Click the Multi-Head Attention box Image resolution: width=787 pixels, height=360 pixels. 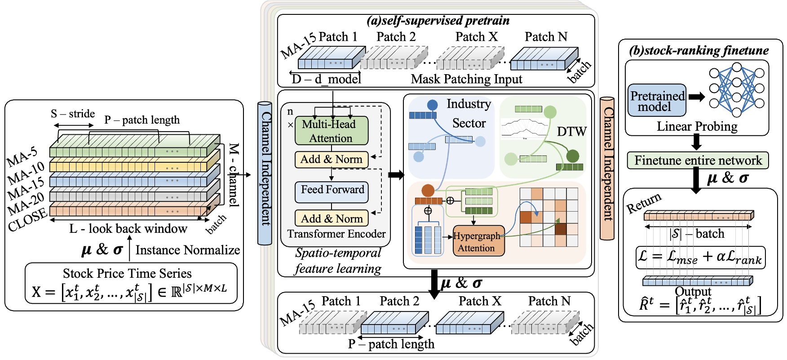(332, 131)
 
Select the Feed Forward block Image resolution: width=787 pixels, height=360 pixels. (332, 191)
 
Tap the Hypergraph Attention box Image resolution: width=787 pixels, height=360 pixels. (478, 241)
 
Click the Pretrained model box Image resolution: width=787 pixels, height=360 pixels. (657, 101)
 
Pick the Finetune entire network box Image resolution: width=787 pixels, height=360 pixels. (698, 160)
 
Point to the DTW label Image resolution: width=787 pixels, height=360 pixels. (571, 132)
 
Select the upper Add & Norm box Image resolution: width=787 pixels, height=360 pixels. (332, 160)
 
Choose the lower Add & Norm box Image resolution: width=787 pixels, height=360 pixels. (332, 218)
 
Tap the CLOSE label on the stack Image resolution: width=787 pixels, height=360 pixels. (27, 219)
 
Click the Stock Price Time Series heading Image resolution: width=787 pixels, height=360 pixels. (127, 273)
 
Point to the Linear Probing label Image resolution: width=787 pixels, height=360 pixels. (697, 126)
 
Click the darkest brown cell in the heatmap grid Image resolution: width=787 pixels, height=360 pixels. (560, 229)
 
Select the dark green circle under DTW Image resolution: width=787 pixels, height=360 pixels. (572, 156)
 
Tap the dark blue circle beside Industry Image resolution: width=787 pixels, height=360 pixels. (432, 105)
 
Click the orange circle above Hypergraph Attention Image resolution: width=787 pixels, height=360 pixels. (428, 190)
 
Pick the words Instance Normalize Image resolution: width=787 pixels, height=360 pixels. (187, 250)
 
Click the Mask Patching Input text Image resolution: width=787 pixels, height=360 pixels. (466, 79)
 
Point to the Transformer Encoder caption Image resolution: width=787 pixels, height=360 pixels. (336, 234)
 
